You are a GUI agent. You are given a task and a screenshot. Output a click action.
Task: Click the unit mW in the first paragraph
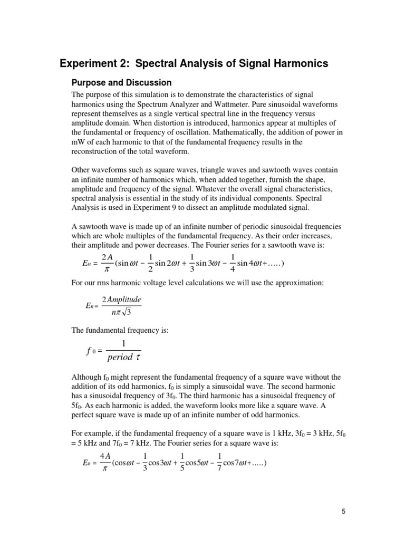point(77,141)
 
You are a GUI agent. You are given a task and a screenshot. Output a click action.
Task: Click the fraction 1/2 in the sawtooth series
point(151,263)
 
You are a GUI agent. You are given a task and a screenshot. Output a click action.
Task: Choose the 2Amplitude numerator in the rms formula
point(122,299)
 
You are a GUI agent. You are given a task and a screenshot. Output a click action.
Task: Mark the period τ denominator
point(123,358)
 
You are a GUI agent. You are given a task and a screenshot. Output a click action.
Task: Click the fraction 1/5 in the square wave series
point(182,464)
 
